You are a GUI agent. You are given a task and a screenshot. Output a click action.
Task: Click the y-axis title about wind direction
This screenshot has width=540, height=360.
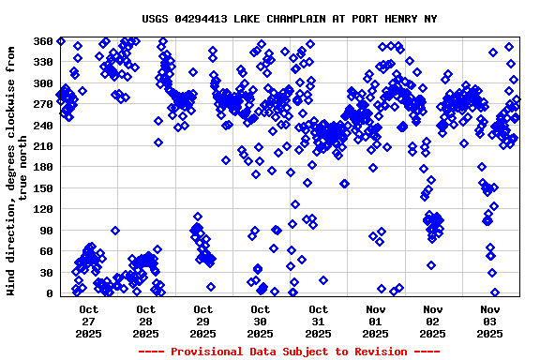click(x=17, y=169)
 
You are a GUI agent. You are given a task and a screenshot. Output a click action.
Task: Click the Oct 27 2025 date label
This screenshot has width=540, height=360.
click(x=88, y=320)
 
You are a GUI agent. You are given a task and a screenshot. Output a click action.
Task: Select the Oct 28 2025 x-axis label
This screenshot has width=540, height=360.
click(x=145, y=320)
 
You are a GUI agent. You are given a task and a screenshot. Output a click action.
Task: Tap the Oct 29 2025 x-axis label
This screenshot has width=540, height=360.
click(x=202, y=320)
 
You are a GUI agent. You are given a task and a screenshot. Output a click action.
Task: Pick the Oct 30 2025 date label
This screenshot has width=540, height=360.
click(x=261, y=320)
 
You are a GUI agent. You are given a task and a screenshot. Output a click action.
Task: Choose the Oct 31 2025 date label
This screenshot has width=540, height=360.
click(x=318, y=320)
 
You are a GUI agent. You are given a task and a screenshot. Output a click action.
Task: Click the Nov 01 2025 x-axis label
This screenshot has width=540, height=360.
click(x=375, y=320)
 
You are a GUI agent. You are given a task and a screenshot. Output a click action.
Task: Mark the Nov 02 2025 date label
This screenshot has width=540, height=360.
click(x=432, y=320)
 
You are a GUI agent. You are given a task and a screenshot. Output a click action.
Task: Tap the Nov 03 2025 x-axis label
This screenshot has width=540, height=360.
click(x=489, y=320)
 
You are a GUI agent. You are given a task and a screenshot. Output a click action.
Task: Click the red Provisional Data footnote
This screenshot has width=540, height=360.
click(x=289, y=351)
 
